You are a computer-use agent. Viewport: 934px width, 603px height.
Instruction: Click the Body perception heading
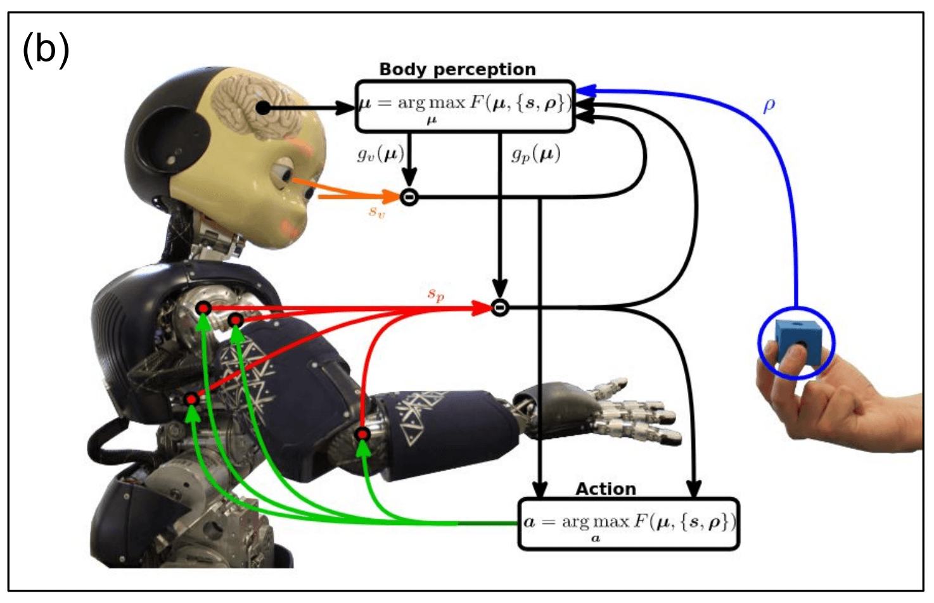click(457, 69)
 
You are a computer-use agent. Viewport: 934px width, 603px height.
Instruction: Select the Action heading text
click(605, 489)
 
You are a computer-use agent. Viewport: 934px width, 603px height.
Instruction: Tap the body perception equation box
click(464, 106)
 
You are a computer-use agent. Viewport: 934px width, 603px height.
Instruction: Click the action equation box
click(629, 524)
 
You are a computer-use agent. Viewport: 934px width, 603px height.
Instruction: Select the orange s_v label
click(376, 212)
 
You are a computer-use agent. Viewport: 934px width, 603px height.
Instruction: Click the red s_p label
click(436, 294)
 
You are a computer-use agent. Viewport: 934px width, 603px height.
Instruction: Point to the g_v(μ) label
click(380, 154)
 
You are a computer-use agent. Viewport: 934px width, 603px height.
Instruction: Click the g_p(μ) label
click(536, 155)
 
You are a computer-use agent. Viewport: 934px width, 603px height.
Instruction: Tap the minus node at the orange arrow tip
click(409, 197)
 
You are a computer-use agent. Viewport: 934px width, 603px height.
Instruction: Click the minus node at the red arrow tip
click(500, 308)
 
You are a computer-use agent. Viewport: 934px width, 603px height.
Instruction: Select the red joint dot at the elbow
click(362, 434)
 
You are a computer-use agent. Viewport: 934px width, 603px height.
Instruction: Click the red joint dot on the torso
click(191, 399)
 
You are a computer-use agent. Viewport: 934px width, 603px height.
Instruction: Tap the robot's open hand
click(608, 409)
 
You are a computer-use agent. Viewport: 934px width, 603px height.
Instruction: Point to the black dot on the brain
click(264, 108)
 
